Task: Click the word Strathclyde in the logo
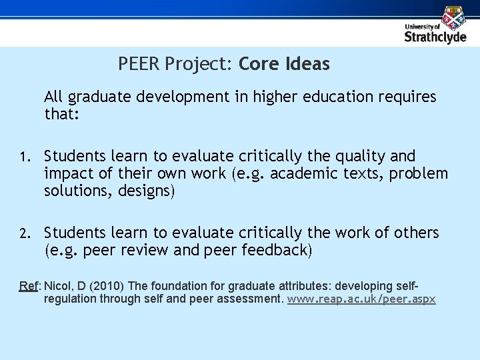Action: point(435,37)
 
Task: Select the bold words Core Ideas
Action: point(284,65)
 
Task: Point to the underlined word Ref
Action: point(29,286)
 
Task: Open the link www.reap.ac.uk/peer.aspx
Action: point(361,299)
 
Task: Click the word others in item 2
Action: point(413,233)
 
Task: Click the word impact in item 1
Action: point(67,175)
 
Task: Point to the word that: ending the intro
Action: point(61,115)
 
